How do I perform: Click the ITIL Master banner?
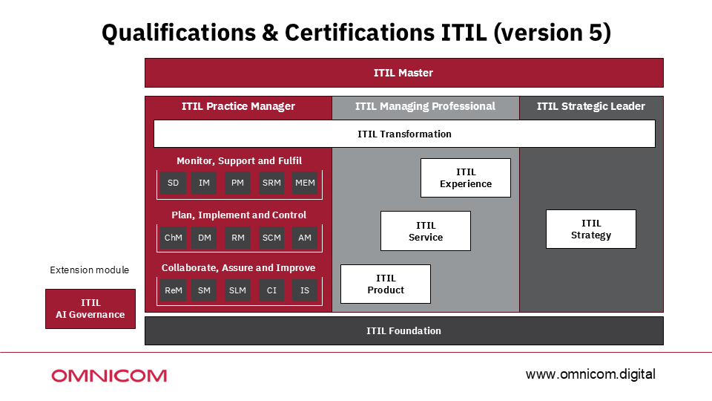point(403,73)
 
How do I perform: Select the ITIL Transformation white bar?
point(404,134)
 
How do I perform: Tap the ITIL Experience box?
point(465,178)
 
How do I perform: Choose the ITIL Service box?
point(425,231)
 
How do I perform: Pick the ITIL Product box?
point(385,284)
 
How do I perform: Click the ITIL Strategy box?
point(590,229)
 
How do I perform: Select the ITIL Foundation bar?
point(403,330)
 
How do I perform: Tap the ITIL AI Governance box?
point(90,309)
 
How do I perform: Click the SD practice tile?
point(173,183)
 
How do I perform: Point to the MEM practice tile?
point(304,183)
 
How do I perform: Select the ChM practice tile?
point(173,238)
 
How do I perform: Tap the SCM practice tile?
point(271,238)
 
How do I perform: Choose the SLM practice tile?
point(237,290)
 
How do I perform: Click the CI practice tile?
point(271,290)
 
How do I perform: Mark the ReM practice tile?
point(173,290)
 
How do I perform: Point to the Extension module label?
point(89,270)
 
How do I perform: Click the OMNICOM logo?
point(109,376)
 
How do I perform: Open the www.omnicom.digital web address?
point(590,374)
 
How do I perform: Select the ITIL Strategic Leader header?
point(590,106)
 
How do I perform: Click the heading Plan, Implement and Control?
point(239,215)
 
